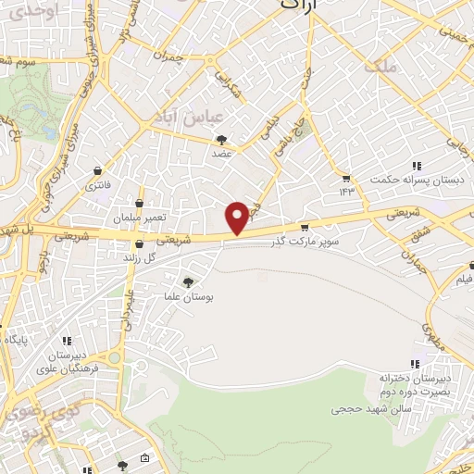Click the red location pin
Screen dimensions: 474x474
tap(238, 217)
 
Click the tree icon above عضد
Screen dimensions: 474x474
tap(222, 141)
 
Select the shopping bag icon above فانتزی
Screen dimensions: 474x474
tap(98, 171)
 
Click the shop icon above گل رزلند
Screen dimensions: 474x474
tap(139, 245)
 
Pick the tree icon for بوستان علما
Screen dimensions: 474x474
tap(190, 282)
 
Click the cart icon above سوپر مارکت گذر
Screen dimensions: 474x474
tap(304, 227)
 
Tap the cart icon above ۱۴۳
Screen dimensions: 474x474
tap(346, 178)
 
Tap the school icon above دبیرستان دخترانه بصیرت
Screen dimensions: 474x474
tap(414, 364)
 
